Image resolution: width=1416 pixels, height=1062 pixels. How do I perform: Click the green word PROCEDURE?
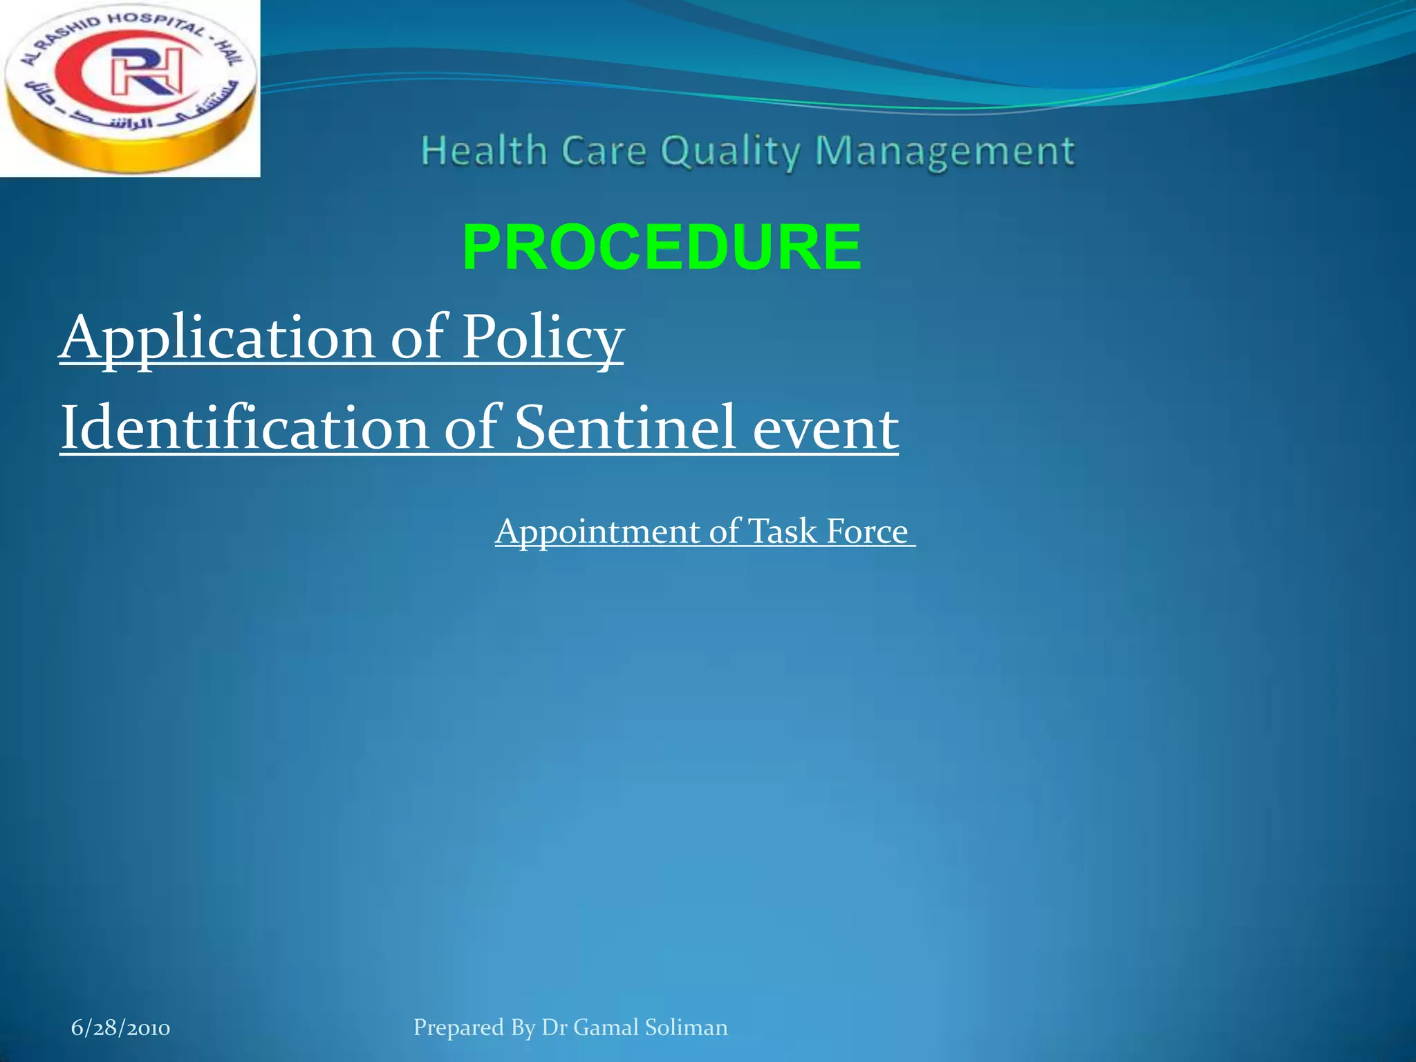(662, 248)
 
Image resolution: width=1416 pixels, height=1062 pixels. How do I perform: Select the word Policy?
(542, 337)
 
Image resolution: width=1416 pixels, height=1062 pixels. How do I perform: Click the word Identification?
(245, 428)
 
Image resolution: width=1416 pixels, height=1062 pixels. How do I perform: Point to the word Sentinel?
(625, 428)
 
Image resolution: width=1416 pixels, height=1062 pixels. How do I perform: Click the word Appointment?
(597, 532)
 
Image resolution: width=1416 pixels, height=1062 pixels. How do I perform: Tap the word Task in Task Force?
(783, 532)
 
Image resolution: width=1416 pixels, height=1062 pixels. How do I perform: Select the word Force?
(867, 532)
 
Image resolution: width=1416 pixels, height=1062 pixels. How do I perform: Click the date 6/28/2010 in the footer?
(120, 1028)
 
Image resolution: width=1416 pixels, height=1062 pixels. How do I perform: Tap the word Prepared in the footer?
(458, 1028)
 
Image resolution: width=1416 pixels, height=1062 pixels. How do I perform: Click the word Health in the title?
(484, 151)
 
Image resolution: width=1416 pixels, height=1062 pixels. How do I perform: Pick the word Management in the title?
(944, 152)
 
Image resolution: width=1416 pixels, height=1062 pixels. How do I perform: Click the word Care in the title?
(604, 151)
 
